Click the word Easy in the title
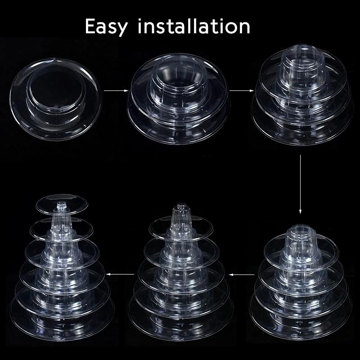(107, 27)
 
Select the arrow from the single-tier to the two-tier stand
(114, 91)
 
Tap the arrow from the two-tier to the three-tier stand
(240, 91)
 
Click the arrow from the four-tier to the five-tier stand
(239, 273)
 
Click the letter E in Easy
(90, 27)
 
